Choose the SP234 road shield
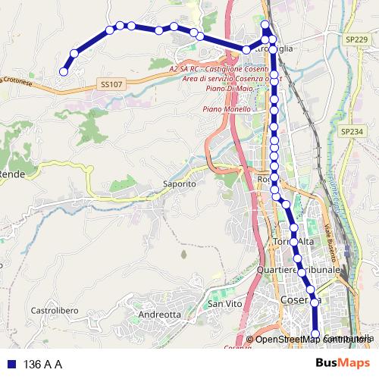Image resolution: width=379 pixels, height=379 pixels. (352, 132)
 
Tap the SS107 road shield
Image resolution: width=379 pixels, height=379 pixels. (110, 85)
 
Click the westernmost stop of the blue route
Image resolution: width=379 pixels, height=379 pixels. (64, 72)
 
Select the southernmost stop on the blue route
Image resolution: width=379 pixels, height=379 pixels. (316, 334)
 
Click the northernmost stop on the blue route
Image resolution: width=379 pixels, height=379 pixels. (265, 25)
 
